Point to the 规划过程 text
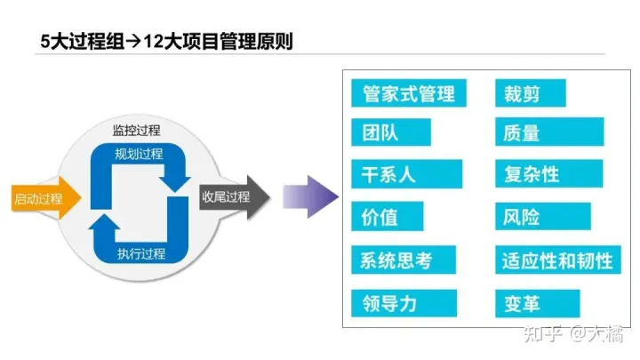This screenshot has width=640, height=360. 139,154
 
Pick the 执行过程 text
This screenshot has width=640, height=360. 140,255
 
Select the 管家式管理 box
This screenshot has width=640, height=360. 408,92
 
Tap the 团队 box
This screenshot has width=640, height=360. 391,133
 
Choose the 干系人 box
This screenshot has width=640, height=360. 407,174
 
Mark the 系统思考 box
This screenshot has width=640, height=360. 403,260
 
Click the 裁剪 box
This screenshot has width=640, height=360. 529,92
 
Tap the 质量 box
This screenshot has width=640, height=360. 529,133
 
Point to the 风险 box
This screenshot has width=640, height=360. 542,217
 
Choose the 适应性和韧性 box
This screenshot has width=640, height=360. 556,260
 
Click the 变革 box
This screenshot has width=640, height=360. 537,303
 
